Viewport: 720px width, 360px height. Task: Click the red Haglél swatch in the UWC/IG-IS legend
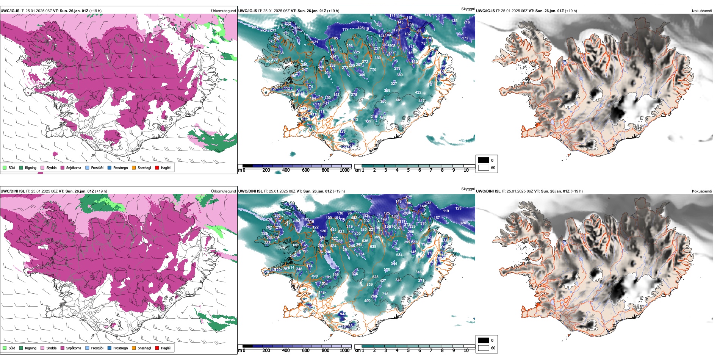point(157,167)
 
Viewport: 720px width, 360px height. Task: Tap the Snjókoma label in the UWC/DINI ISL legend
point(74,348)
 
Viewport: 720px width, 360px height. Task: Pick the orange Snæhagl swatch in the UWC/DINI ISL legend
point(134,348)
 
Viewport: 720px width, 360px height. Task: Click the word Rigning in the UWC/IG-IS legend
point(31,167)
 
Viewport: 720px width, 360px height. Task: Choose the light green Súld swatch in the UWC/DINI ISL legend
point(5,348)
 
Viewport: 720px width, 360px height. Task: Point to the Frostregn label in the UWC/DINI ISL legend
point(121,348)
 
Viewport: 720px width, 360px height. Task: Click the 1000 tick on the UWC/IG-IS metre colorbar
point(344,170)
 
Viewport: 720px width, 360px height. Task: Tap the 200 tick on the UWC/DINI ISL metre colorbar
point(266,351)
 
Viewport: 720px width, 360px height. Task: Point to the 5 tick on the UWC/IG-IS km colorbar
point(408,170)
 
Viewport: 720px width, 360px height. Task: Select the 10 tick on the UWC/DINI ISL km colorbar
point(466,351)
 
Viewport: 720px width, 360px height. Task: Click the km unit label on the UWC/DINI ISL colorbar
point(357,351)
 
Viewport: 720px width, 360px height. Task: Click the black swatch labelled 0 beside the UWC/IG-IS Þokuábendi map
point(484,160)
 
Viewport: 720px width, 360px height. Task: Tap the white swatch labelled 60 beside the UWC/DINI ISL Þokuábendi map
point(484,348)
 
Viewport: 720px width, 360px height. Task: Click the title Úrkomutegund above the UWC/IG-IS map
point(223,11)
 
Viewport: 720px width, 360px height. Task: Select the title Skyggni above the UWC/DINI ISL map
point(468,189)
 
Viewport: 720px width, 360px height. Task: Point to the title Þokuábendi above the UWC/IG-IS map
point(702,11)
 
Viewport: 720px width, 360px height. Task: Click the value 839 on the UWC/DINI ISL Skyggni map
point(370,284)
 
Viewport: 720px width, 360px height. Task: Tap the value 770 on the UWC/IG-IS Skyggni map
point(373,70)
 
